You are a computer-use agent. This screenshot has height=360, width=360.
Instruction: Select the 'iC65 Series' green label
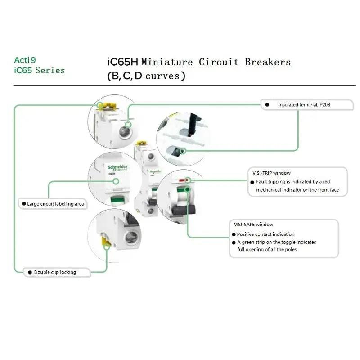coord(40,70)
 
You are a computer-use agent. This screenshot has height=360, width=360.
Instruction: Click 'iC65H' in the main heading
coord(123,62)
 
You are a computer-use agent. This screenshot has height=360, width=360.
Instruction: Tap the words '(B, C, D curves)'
coord(146,76)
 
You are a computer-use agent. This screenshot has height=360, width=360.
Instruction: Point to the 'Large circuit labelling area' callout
coord(53,204)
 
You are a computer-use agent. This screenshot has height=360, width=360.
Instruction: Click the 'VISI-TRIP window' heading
coord(271,173)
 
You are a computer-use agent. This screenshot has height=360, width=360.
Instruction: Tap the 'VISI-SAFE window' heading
coord(254,224)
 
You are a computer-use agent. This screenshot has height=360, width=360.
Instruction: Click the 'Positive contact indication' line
coord(265,234)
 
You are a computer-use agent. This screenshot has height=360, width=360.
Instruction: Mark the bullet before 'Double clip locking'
coord(30,272)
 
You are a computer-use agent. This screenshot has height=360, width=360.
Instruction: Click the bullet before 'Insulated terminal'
coord(267,105)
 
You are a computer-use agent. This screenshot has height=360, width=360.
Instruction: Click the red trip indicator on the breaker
coord(182,180)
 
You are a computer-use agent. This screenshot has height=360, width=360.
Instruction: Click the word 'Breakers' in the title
coord(268,62)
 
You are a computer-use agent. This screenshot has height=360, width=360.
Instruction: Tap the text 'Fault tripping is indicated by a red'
coord(293,182)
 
